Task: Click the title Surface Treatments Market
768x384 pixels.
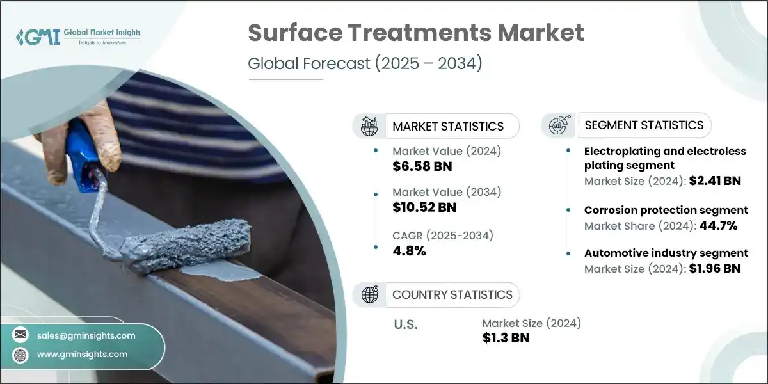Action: click(416, 33)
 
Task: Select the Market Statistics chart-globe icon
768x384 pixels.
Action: click(369, 126)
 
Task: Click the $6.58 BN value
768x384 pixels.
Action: click(422, 166)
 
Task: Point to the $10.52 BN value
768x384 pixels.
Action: click(424, 207)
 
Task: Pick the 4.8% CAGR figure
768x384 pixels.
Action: click(409, 250)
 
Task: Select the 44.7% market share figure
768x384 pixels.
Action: click(715, 225)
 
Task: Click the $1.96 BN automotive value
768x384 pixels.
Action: click(716, 268)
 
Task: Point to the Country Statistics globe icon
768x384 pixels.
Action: click(370, 294)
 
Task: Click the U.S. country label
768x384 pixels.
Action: click(405, 324)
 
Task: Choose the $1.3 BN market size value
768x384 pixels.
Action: click(506, 338)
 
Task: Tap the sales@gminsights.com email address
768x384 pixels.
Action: click(86, 335)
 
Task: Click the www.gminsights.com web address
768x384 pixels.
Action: click(83, 354)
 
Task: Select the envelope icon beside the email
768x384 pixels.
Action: click(21, 335)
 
